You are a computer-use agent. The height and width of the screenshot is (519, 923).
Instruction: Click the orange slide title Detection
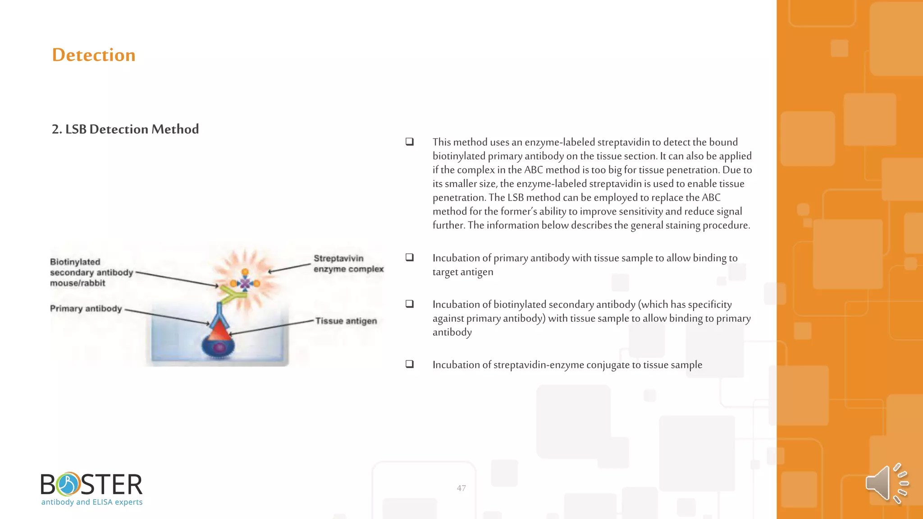pos(94,55)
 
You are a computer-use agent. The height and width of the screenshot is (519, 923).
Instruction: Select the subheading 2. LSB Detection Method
pos(125,129)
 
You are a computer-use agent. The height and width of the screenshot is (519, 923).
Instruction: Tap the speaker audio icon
pos(886,483)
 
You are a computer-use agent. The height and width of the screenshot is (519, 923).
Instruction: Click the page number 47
pos(461,488)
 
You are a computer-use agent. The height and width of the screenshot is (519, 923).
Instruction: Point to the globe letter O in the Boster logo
pos(69,484)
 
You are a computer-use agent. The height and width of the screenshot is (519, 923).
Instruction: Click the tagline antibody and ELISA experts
pos(92,502)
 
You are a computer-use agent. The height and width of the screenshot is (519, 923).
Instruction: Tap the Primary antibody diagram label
pos(86,309)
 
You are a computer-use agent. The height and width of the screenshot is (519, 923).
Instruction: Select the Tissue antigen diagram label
pos(346,321)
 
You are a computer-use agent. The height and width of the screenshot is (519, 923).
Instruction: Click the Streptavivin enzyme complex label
pos(348,264)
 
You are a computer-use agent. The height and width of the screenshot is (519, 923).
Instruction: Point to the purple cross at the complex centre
pos(245,283)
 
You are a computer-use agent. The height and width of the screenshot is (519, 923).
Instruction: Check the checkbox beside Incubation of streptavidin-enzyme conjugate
pos(410,364)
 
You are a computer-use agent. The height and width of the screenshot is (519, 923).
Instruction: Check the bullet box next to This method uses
pos(410,141)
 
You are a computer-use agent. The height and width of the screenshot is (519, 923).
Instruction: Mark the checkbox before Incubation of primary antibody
pos(410,257)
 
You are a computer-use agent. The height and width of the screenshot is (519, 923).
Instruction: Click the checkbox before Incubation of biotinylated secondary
pos(410,304)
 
